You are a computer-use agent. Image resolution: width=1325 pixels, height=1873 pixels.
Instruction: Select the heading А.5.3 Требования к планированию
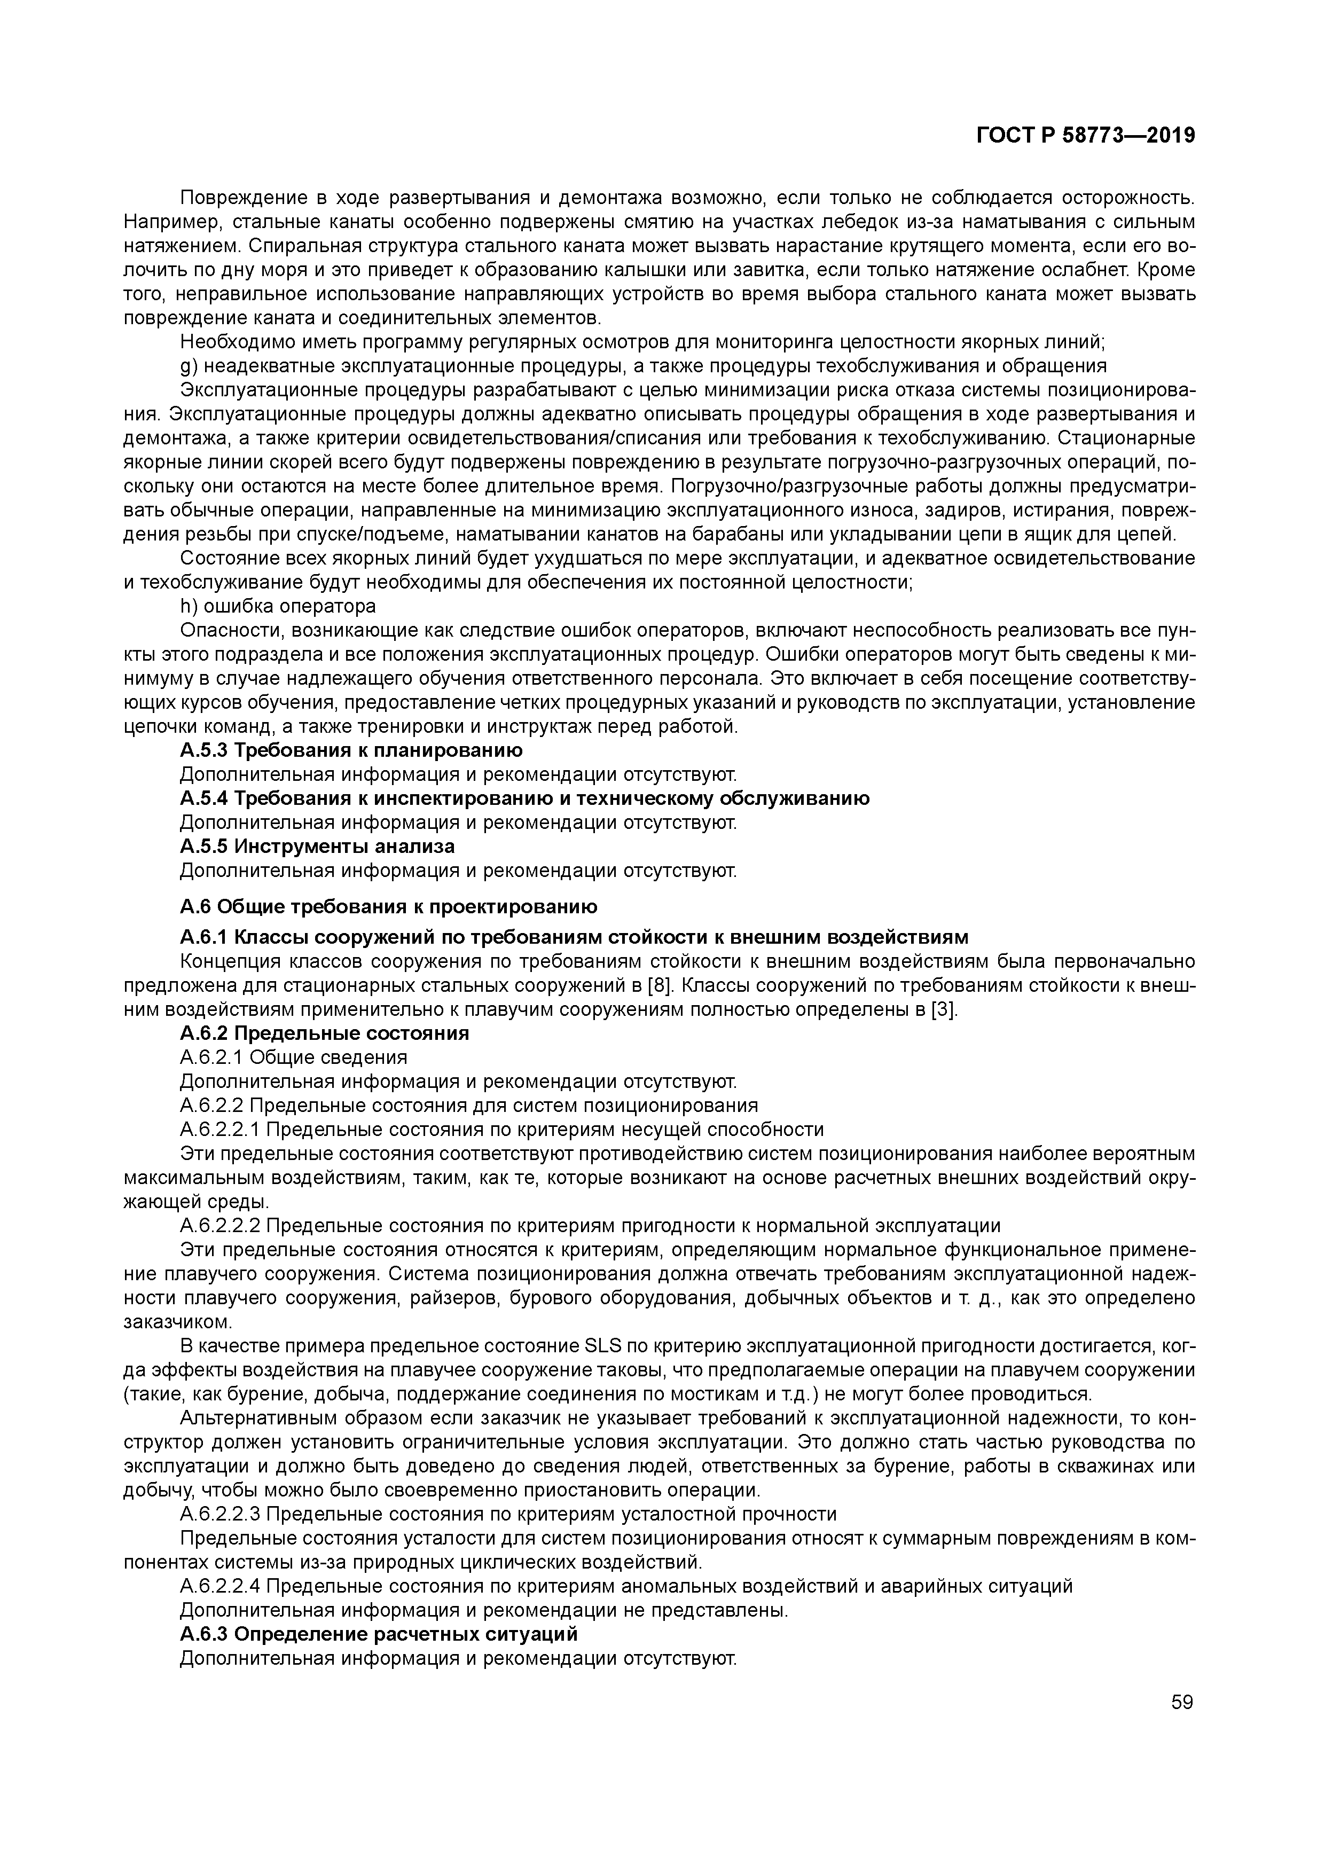pos(351,750)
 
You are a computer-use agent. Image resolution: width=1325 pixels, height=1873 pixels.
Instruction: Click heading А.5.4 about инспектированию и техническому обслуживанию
pos(524,798)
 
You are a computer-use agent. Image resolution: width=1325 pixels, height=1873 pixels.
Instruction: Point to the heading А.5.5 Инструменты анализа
pos(317,846)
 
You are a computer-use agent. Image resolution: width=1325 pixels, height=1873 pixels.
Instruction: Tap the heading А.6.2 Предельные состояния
pos(324,1033)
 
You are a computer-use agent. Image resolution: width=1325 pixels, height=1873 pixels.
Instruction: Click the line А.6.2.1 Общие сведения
pos(293,1057)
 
